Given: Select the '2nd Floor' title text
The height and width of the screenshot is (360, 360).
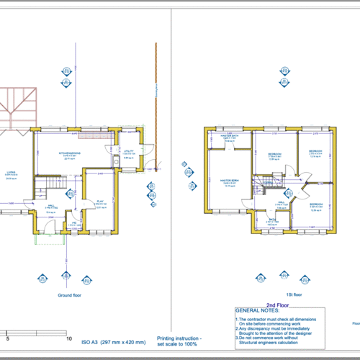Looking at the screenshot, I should tap(277, 305).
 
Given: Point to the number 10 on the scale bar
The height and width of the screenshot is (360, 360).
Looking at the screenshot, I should tap(68, 338).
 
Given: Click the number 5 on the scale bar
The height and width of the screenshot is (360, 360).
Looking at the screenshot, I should tap(8, 338).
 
